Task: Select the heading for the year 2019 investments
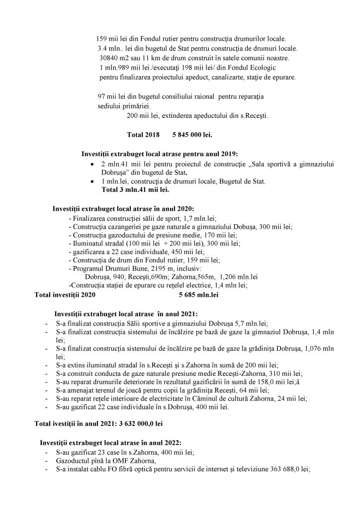click(163, 154)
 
